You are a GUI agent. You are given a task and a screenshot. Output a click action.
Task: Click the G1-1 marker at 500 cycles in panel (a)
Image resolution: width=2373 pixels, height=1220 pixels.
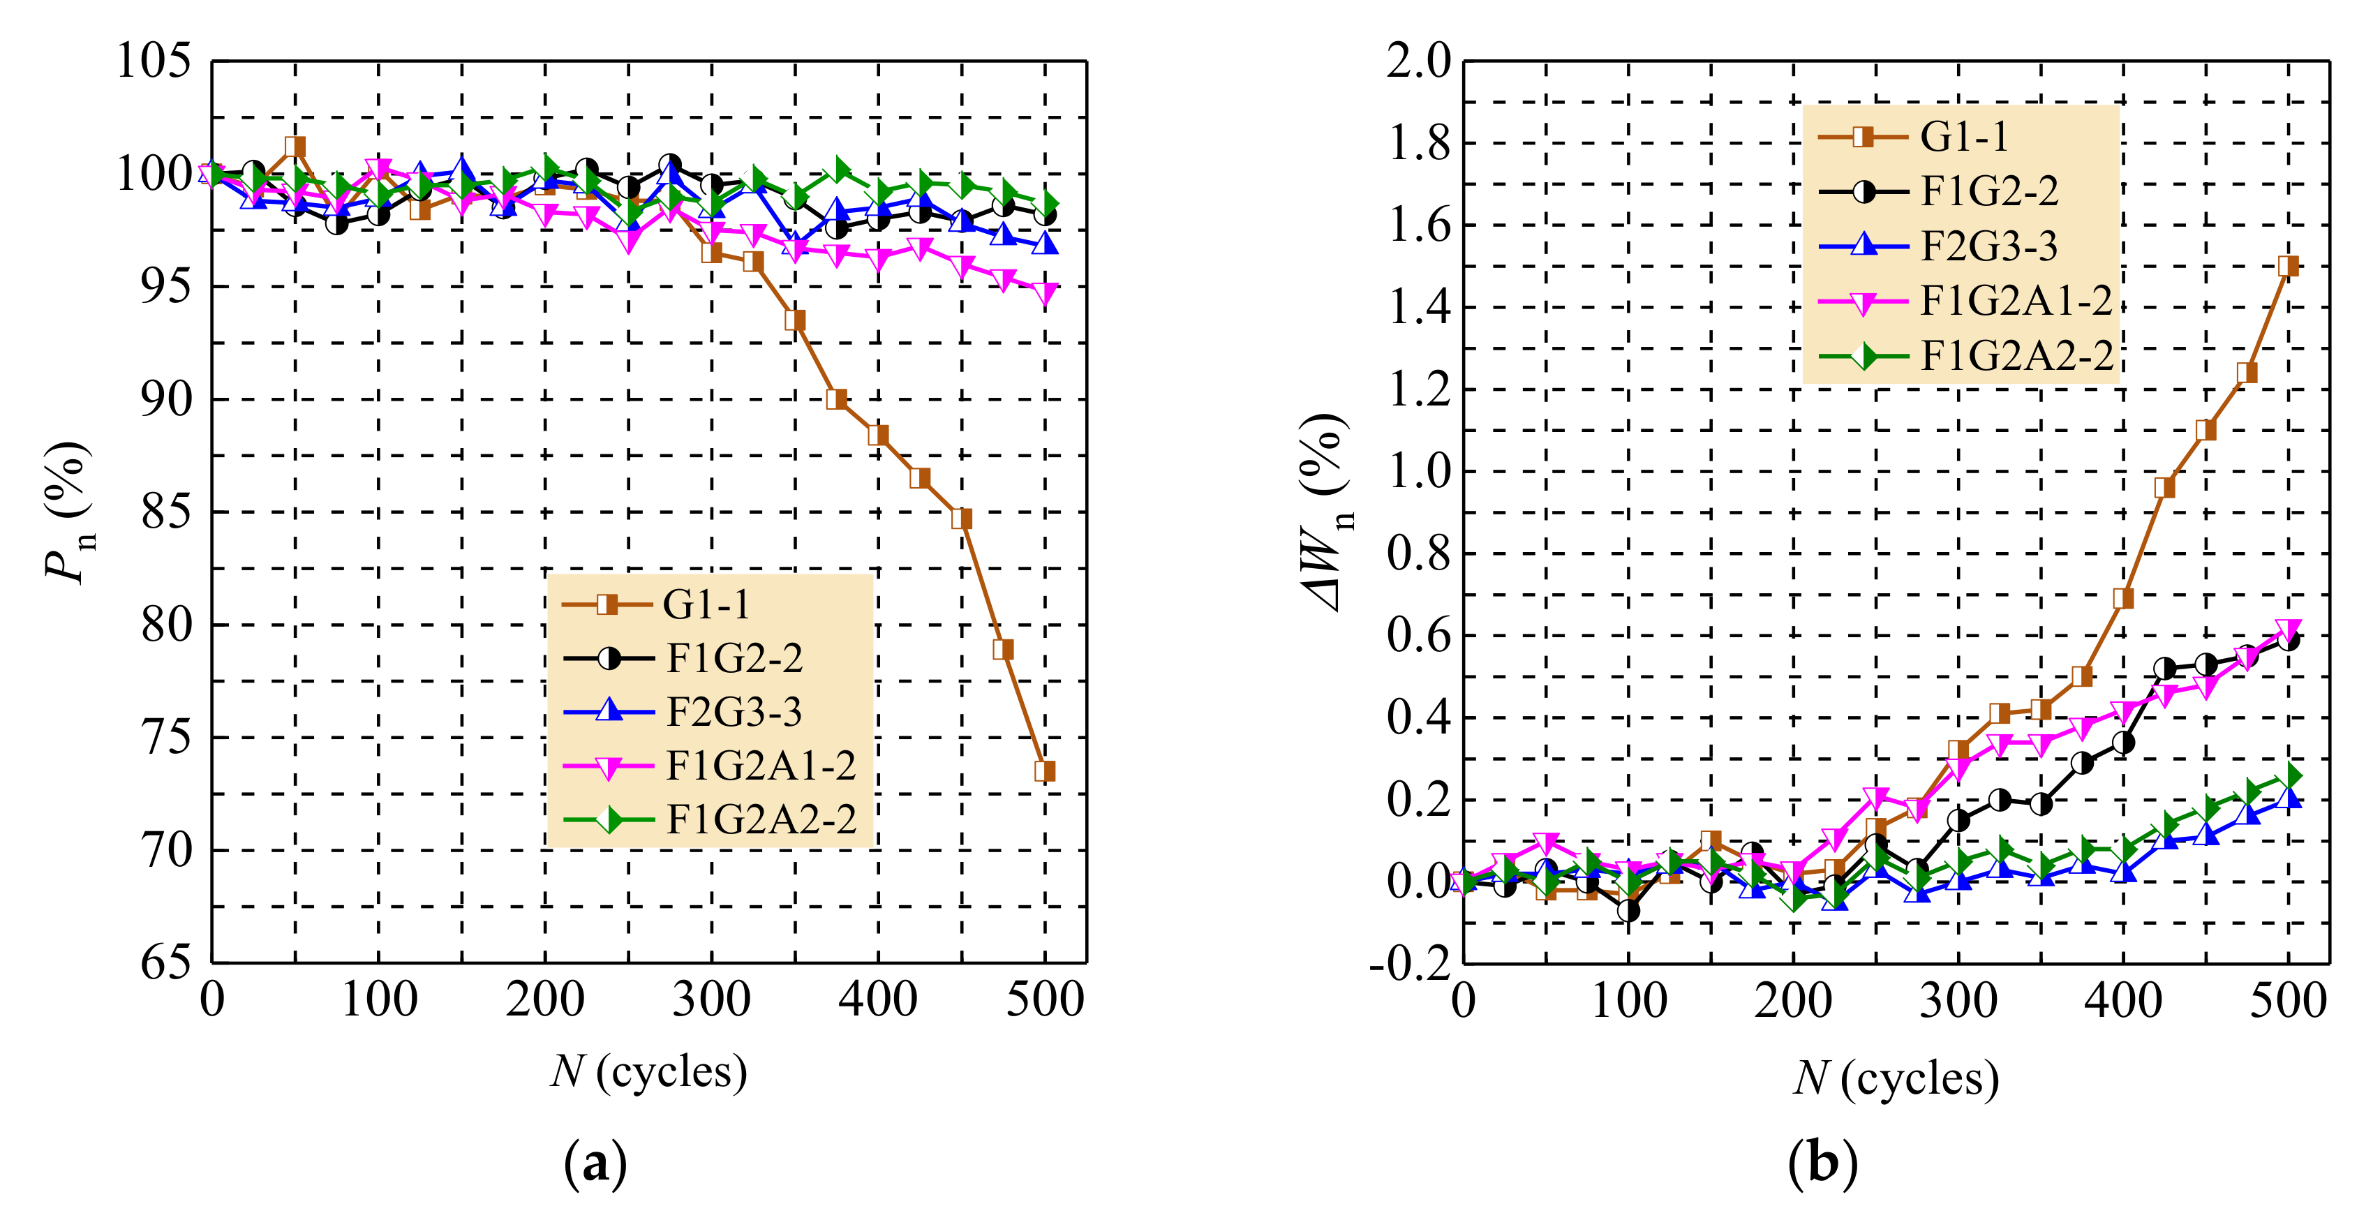[x=1045, y=771]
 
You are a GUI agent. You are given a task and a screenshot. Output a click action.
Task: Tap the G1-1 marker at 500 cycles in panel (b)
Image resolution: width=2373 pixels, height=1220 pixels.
[x=2287, y=267]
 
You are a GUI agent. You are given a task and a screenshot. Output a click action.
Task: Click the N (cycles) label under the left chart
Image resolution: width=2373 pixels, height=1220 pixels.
[x=650, y=1071]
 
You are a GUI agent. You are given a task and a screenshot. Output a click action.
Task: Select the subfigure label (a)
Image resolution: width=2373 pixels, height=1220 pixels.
[x=595, y=1163]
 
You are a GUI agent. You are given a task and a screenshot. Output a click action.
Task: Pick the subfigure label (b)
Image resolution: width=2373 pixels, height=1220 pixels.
[x=1822, y=1163]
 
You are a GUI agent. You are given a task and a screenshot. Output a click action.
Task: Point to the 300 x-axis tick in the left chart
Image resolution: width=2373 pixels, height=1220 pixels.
[x=711, y=999]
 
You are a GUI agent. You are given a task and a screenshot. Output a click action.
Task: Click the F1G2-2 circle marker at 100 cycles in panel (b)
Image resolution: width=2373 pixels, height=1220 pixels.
[x=1629, y=910]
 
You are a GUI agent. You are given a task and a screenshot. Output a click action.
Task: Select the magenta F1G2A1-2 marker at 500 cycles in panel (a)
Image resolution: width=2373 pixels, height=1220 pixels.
[x=1045, y=293]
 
